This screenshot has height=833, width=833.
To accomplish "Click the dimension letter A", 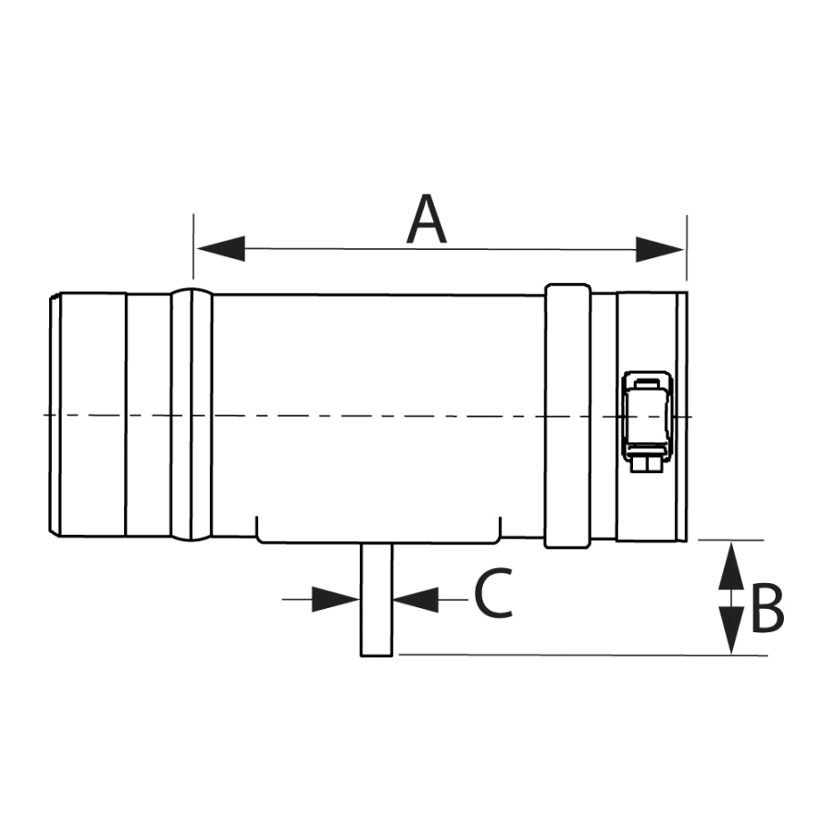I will click(x=427, y=220).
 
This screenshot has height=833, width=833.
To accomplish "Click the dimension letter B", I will click(x=767, y=609).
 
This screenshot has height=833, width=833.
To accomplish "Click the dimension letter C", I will click(x=493, y=594).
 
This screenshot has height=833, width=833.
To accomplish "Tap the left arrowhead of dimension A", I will click(x=219, y=248).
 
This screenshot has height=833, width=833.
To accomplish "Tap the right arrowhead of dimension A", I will click(x=660, y=248).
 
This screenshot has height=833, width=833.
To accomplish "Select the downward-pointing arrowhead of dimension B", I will click(x=732, y=632).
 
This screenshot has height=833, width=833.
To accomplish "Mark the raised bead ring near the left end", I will click(x=192, y=416).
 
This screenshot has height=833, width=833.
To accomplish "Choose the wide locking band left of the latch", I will click(x=567, y=416).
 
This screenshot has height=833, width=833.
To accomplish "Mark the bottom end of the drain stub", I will click(x=377, y=654).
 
